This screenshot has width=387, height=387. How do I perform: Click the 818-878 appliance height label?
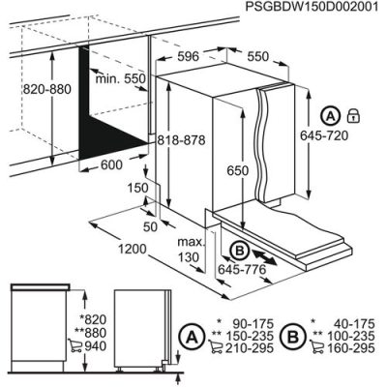tap(185, 140)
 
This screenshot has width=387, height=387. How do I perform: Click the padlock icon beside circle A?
tap(353, 115)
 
